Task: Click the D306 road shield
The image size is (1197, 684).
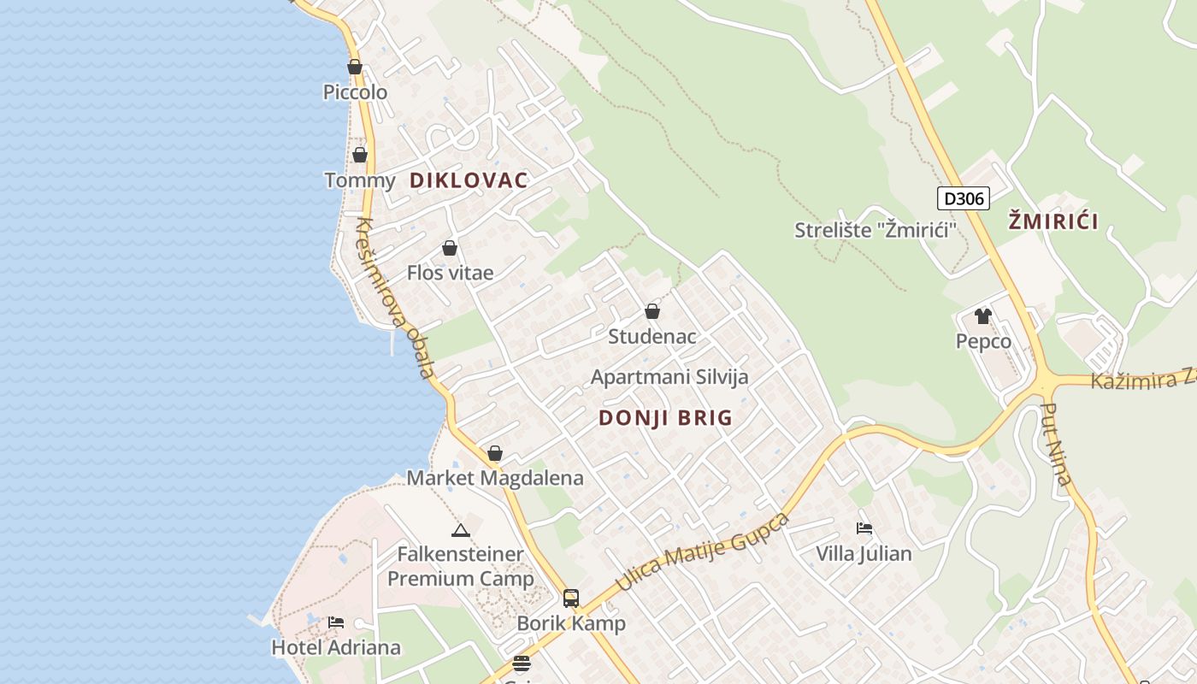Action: (963, 199)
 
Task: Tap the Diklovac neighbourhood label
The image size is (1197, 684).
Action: (469, 180)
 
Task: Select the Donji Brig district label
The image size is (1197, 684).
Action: (665, 418)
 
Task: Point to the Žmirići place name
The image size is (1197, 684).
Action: (1053, 221)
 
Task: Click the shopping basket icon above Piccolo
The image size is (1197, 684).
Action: (355, 67)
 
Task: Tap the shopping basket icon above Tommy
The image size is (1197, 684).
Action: (360, 155)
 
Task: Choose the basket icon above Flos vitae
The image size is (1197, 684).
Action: (450, 249)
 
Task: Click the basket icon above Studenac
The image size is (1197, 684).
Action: (652, 311)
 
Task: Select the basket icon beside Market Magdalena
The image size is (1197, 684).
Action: (495, 453)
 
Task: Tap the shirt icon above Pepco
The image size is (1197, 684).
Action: (983, 316)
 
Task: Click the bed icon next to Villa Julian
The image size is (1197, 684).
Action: (864, 528)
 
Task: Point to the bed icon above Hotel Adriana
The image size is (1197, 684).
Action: (336, 622)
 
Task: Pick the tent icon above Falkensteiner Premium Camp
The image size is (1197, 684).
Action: (461, 530)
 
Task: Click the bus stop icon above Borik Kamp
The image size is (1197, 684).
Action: (571, 598)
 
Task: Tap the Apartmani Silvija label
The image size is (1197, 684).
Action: (669, 377)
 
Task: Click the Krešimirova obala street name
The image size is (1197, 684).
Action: (396, 298)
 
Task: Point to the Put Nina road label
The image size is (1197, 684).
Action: (1058, 445)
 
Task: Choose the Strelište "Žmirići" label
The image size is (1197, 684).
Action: (875, 230)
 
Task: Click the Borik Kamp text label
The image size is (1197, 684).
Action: (571, 624)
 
